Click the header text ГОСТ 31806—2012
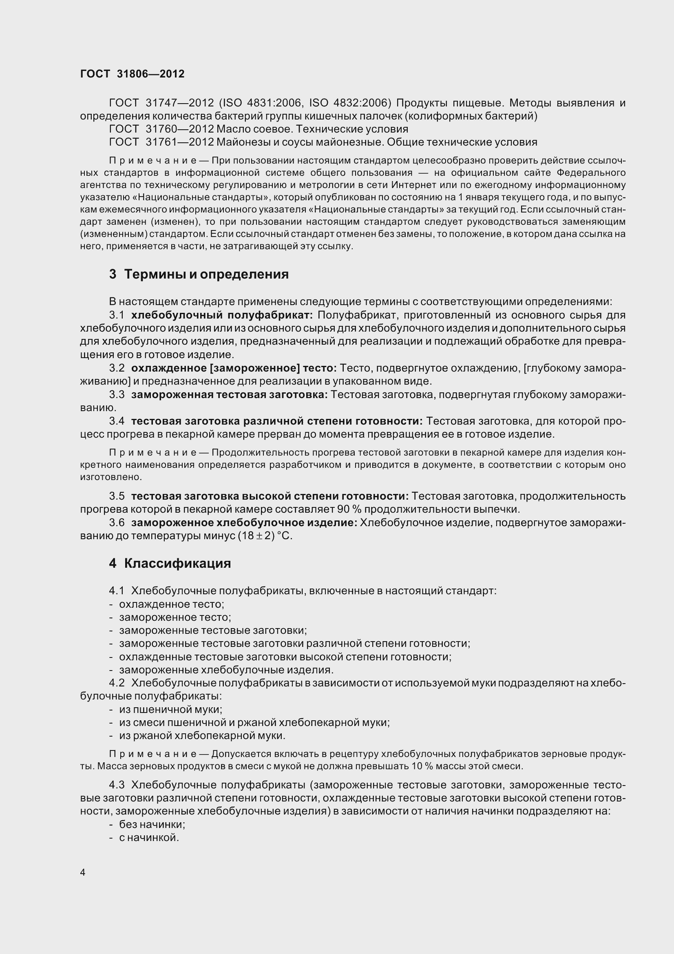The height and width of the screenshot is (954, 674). (x=132, y=74)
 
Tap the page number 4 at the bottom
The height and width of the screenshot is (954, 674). (x=83, y=872)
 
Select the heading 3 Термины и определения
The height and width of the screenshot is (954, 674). (x=199, y=274)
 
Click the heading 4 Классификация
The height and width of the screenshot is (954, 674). (x=170, y=563)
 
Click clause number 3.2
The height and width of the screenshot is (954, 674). (x=117, y=368)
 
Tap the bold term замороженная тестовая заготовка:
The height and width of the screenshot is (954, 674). (x=229, y=395)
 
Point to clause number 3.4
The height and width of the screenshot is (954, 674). (x=117, y=421)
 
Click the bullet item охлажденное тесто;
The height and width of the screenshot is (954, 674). (x=172, y=604)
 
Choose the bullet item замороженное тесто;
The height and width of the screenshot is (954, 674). (x=175, y=618)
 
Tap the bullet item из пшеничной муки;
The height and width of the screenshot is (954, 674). (x=171, y=710)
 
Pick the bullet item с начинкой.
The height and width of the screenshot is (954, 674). (x=149, y=838)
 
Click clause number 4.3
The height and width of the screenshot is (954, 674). (x=117, y=785)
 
